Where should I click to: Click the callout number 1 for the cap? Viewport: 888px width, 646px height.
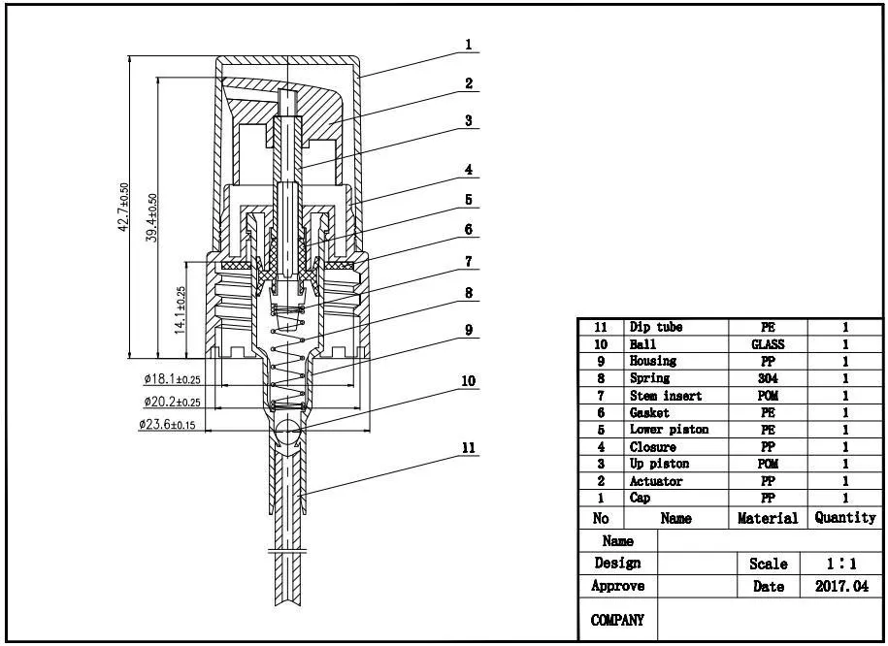(468, 44)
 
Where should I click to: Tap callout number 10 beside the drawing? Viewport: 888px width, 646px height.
(468, 381)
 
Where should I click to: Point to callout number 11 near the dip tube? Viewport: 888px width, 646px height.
(468, 447)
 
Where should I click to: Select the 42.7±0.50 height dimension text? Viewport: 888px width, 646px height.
(123, 208)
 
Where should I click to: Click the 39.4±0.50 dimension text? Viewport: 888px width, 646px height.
(152, 218)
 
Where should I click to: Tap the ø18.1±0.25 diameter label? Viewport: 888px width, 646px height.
(172, 379)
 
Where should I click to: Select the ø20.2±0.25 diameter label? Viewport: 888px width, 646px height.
(172, 402)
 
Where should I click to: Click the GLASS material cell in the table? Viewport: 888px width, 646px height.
(768, 344)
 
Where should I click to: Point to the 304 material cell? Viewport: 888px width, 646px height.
(768, 378)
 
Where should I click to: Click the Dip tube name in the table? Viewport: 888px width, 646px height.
(656, 328)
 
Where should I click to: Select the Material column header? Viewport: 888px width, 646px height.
(768, 518)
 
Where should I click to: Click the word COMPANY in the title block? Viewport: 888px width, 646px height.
(617, 620)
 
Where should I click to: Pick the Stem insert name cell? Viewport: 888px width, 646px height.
(666, 396)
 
